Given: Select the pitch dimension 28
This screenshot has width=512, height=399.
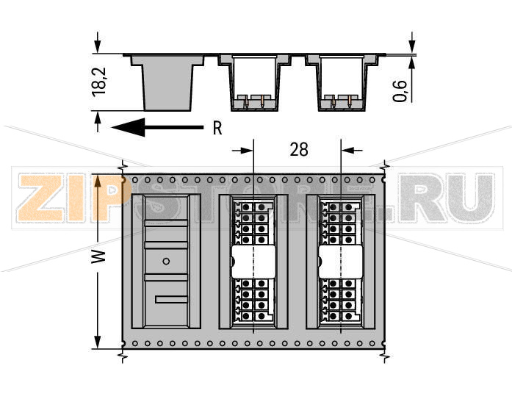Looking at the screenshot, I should coord(298,150).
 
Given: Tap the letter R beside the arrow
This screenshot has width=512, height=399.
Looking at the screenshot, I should coord(217,128).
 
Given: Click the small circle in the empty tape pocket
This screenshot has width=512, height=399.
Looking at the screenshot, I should coord(166,260).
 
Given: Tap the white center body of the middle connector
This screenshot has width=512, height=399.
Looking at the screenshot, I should coord(253,261).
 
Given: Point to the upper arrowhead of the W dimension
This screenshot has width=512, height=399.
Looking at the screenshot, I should coord(97,179).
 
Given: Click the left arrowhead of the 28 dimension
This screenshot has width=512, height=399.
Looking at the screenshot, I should coord(247,150).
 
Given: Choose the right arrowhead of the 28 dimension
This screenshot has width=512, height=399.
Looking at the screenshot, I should coord(347,150).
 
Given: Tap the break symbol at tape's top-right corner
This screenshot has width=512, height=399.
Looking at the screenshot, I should coord(383,168).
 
